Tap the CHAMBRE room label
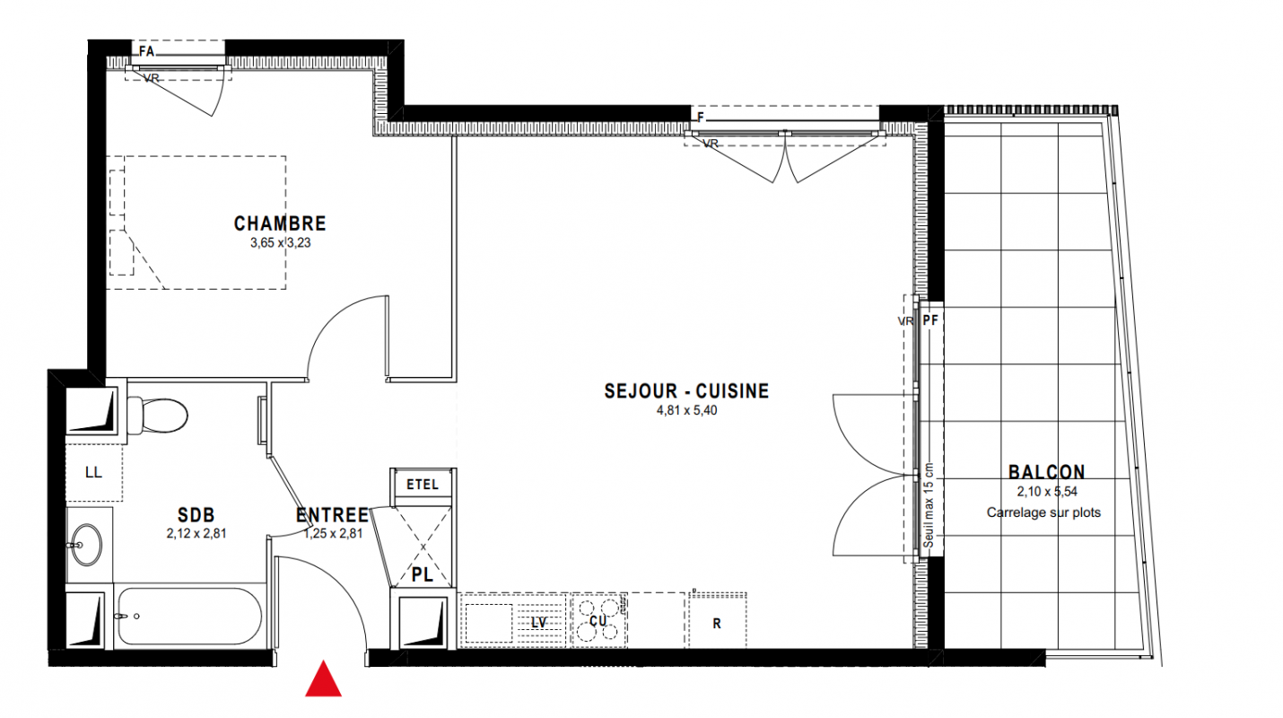click(280, 223)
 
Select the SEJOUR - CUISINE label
click(686, 391)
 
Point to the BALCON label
click(1046, 472)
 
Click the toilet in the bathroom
click(158, 416)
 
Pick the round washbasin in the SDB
click(86, 545)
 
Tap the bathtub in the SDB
click(190, 616)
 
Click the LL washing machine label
click(93, 473)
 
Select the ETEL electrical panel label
click(423, 485)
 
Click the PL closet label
click(423, 574)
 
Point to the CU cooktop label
click(598, 621)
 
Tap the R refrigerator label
click(717, 624)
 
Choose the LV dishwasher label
click(538, 622)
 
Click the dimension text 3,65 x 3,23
click(280, 243)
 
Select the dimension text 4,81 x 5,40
click(686, 410)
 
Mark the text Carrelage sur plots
click(1043, 512)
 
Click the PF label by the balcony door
click(930, 320)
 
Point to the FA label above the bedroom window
click(146, 51)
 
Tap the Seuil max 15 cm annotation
click(929, 505)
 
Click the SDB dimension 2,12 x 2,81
click(196, 533)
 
